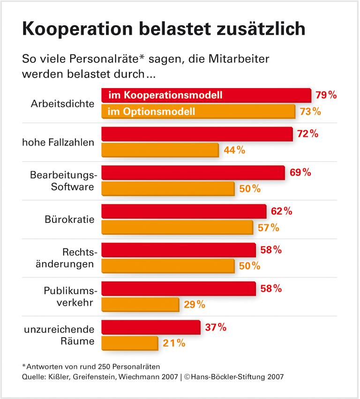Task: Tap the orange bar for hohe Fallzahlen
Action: pos(160,150)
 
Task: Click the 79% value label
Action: pos(326,95)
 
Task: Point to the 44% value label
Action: pos(234,150)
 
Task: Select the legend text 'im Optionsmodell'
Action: pos(151,111)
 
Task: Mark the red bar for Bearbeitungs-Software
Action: pos(193,172)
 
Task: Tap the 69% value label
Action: pos(300,172)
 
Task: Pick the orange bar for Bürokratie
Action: pos(178,228)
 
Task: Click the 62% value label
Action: pos(281,211)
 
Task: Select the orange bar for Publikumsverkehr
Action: pos(140,304)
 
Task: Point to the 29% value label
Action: pos(195,304)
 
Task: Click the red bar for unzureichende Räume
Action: pos(150,327)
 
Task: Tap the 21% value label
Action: pos(174,343)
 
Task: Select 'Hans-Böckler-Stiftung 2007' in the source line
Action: pos(234,376)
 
